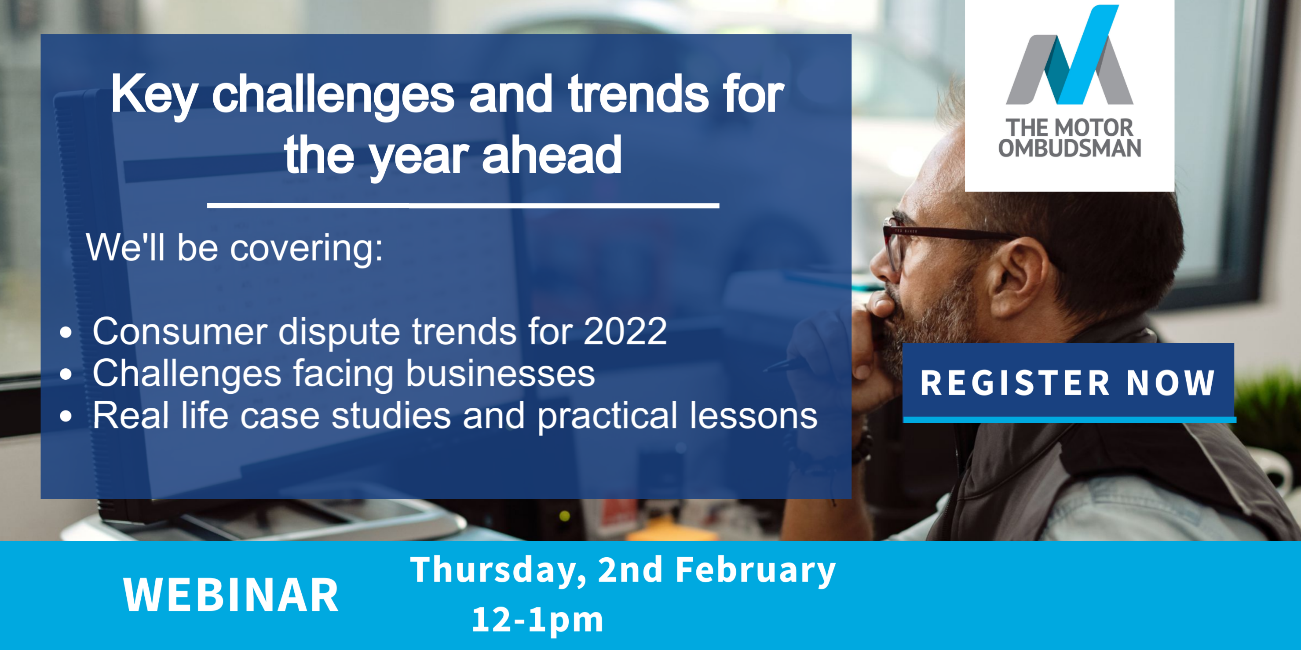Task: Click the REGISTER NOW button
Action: pos(1069,382)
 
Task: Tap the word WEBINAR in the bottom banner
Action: pos(231,595)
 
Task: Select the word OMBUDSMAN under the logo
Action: pos(1070,148)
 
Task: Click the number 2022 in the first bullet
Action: pos(625,331)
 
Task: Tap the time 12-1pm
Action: pos(537,620)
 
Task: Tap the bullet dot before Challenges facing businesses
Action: pos(66,374)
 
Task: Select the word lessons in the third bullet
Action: pos(753,416)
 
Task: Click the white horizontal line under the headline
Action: pos(463,205)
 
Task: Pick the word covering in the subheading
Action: pos(306,248)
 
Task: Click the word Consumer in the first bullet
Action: pos(179,331)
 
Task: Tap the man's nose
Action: pos(881,265)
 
